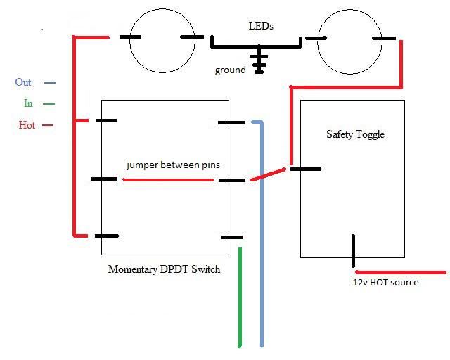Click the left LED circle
(160, 40)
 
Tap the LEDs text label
(261, 26)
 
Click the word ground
(231, 70)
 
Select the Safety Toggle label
(355, 134)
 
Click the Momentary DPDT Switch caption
(164, 269)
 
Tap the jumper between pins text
(173, 165)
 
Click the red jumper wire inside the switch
(168, 180)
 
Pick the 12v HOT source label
(385, 283)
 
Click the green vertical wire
(240, 295)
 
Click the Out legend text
(23, 82)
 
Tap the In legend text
(28, 103)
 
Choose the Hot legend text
(27, 125)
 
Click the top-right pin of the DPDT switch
(231, 122)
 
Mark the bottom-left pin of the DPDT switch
(106, 236)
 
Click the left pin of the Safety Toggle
(306, 169)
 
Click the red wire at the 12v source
(401, 271)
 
